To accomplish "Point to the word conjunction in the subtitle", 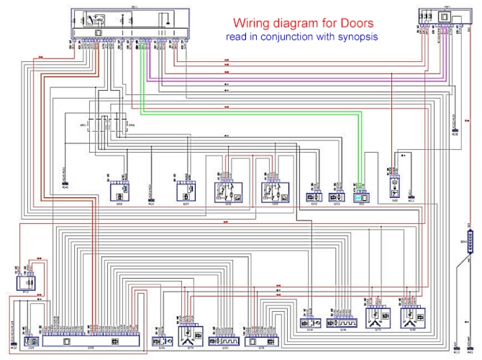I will [301, 36].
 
